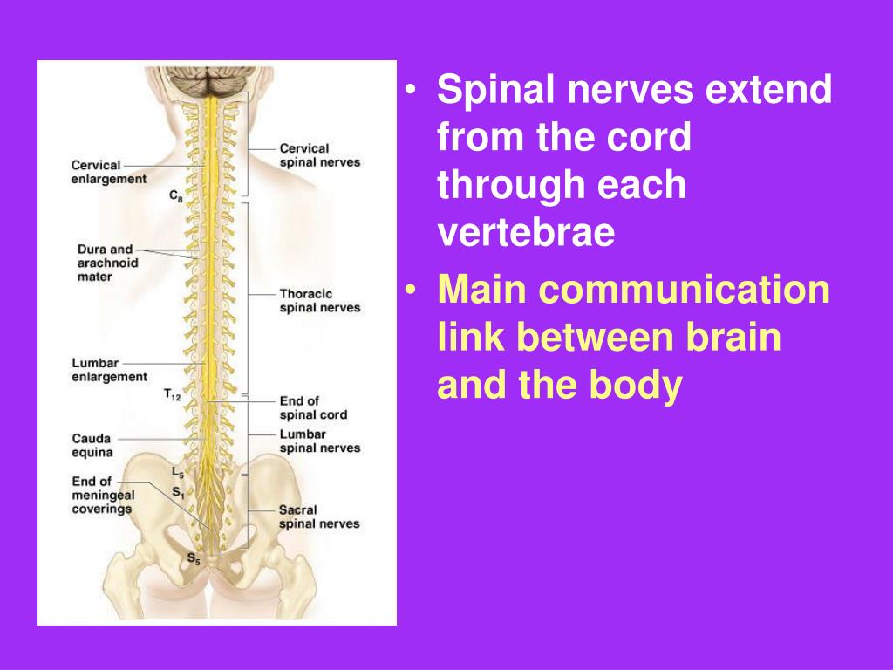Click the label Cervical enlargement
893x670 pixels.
[x=108, y=171]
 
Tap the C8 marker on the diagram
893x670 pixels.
[x=175, y=196]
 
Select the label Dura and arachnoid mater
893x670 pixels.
[x=105, y=263]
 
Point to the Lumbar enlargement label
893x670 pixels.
[x=109, y=370]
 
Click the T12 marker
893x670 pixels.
[x=172, y=395]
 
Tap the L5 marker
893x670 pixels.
[x=177, y=473]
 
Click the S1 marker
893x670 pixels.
[x=177, y=492]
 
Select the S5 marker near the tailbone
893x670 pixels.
[x=193, y=559]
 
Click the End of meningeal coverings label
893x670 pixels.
[x=102, y=495]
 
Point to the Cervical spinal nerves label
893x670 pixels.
[x=319, y=155]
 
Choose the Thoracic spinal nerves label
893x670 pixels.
[x=319, y=301]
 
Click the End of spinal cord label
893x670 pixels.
[x=313, y=407]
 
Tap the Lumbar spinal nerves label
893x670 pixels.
[x=319, y=441]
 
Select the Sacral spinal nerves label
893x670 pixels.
[x=319, y=516]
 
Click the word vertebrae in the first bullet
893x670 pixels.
[x=526, y=233]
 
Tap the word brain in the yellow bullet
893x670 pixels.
[x=730, y=338]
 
